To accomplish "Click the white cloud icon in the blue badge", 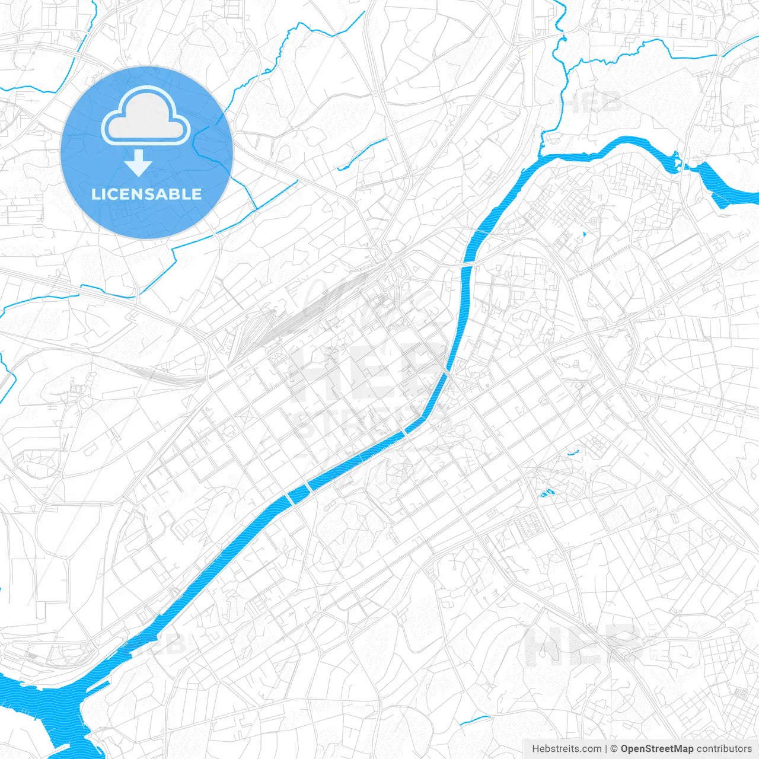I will click(x=146, y=116).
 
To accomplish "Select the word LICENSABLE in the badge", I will click(x=146, y=194).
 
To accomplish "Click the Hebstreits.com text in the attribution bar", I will click(x=567, y=749).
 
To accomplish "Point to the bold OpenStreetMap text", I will click(x=656, y=749).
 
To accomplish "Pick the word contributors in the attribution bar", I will click(x=724, y=749).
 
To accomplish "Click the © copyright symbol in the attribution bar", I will click(x=614, y=749).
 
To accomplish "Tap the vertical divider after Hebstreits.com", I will click(x=606, y=749).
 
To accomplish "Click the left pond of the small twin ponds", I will click(x=543, y=493).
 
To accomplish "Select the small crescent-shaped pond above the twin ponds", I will click(x=573, y=452).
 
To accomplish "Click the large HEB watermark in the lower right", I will click(x=584, y=646).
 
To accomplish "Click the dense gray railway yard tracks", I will click(x=261, y=332).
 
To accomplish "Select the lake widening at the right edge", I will click(x=726, y=187).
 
